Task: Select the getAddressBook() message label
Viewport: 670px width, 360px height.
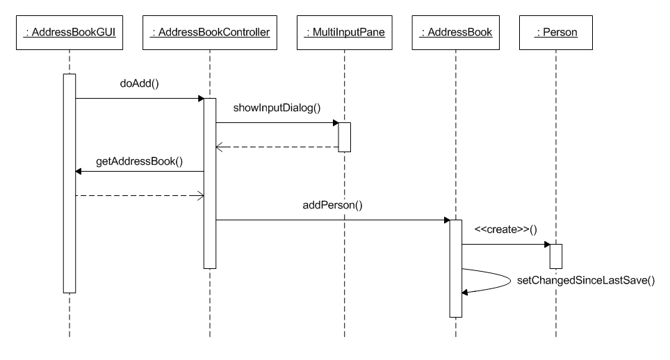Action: click(x=139, y=161)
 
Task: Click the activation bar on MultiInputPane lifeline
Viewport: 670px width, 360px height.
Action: click(x=344, y=137)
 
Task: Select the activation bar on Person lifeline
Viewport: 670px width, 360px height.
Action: click(x=555, y=256)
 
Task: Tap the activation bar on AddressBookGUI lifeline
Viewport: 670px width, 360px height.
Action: click(x=70, y=183)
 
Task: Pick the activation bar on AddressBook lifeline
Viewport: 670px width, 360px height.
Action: click(x=456, y=268)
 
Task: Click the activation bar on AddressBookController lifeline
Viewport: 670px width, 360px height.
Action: click(x=209, y=183)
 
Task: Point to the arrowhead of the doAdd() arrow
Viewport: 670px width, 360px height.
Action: click(x=199, y=98)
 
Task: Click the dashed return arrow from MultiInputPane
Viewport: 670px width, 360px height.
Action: click(x=277, y=147)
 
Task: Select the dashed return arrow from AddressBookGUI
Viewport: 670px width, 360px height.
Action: click(x=139, y=196)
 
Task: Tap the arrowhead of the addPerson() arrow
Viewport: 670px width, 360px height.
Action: click(x=446, y=220)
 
